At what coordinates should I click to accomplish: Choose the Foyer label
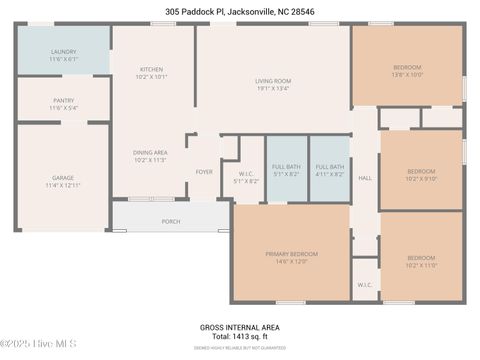click(204, 171)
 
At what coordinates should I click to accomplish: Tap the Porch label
click(171, 221)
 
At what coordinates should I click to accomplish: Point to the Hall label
click(365, 177)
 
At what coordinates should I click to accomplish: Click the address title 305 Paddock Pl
click(239, 12)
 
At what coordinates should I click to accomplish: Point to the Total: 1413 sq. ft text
click(239, 337)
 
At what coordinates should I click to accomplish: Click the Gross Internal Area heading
click(239, 327)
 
